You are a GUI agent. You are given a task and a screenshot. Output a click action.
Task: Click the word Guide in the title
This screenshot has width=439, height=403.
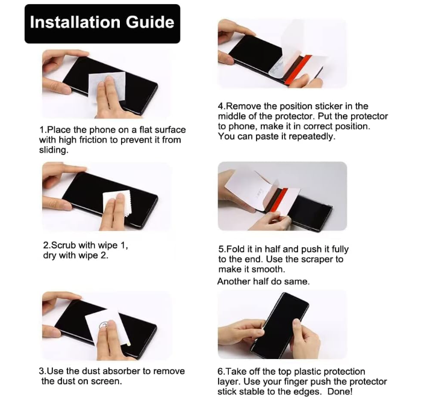(x=150, y=22)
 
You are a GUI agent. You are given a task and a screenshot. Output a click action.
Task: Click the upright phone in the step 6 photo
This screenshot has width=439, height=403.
(x=280, y=326)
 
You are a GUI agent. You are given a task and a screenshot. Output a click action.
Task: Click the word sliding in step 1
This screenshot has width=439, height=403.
(x=54, y=150)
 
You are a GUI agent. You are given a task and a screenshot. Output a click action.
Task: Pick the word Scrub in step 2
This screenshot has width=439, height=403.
(x=64, y=245)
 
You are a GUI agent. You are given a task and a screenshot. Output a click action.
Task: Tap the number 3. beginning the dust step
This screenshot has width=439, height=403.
(x=43, y=371)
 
